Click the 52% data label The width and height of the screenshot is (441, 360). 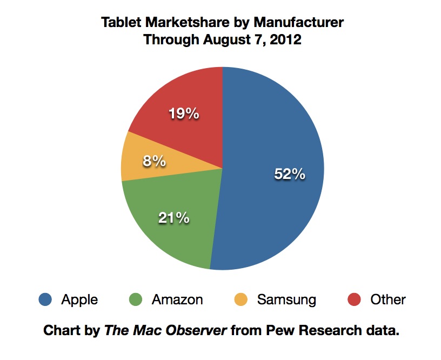290,175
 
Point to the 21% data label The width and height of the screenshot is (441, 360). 173,218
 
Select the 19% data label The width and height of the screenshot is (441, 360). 183,114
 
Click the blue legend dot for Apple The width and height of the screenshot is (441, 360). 45,299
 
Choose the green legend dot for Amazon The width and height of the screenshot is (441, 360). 136,299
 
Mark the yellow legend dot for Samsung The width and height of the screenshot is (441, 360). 241,299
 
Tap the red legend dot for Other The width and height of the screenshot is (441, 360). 354,299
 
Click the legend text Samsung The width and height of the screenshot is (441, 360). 286,299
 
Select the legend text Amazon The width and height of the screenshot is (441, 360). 177,299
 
